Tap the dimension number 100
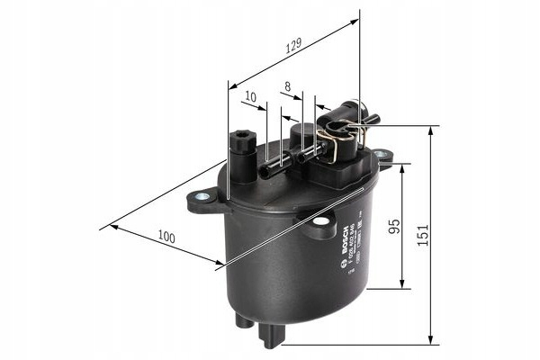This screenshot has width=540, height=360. point(165,237)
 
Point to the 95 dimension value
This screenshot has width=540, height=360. point(392,226)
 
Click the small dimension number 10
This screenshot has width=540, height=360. point(250,96)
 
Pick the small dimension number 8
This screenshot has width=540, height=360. point(287,87)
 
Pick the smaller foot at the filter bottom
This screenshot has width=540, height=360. point(242,319)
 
